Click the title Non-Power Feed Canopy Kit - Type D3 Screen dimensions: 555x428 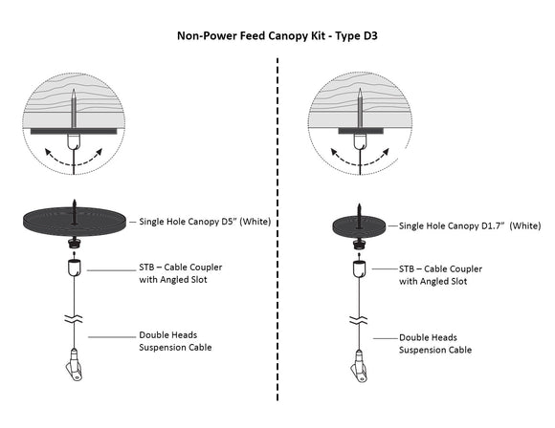coord(277,36)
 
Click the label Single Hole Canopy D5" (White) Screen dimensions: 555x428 coord(205,222)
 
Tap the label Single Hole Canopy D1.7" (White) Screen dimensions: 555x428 coord(470,225)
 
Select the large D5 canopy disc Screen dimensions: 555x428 coord(74,222)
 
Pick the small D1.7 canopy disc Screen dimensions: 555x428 coord(359,226)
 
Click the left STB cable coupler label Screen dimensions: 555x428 coord(181,273)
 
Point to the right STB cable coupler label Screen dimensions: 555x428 coord(441,275)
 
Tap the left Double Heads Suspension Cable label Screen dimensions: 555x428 coord(175,341)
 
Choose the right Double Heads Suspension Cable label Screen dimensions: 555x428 coord(435,344)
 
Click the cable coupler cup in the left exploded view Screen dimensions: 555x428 coord(74,267)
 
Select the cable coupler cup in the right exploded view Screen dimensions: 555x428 coord(360,269)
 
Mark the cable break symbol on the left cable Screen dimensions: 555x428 coord(74,319)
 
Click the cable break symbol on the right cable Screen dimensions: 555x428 coord(359,321)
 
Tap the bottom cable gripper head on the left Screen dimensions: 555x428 coord(75,365)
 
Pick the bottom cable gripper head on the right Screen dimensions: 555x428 coord(360,367)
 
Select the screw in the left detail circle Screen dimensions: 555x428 coord(74,109)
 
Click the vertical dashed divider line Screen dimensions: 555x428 coord(277,229)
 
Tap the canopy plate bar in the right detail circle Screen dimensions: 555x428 coord(361,131)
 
